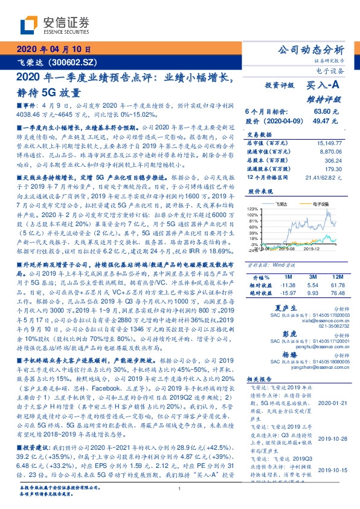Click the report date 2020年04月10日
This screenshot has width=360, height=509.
tap(53, 50)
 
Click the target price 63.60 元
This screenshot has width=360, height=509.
tap(326, 112)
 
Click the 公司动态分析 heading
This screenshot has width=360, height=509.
tap(310, 50)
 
